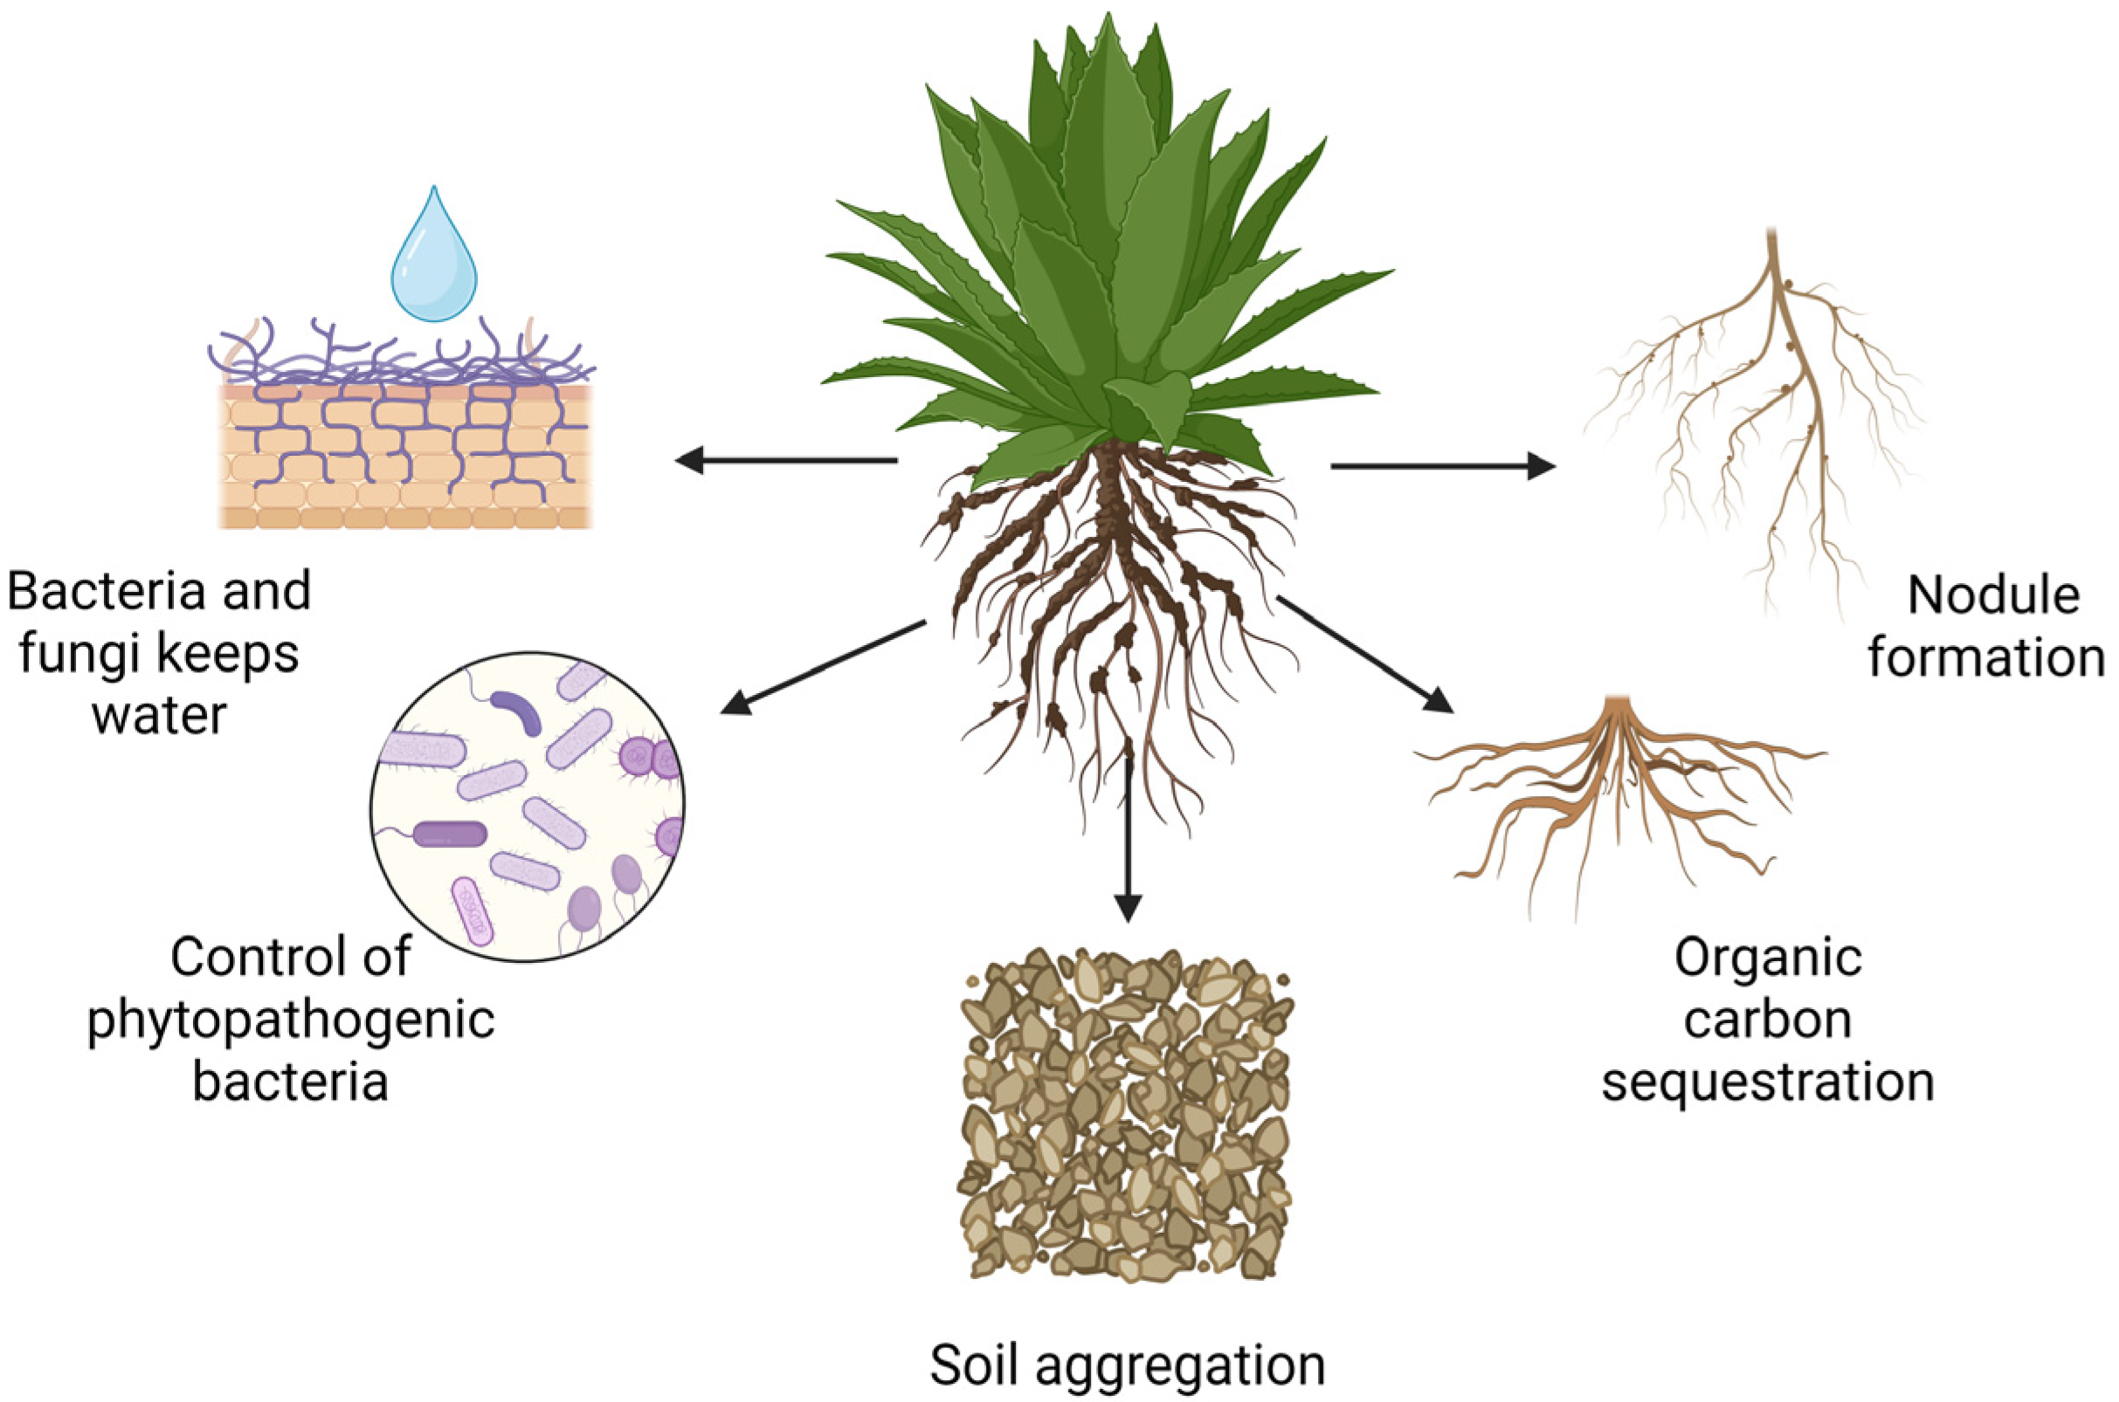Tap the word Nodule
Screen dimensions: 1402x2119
tap(1993, 596)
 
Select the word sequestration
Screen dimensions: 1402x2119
tap(1768, 1082)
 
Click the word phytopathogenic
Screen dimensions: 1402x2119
tap(291, 1020)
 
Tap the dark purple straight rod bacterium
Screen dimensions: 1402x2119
tap(450, 835)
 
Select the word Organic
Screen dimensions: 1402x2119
tap(1768, 959)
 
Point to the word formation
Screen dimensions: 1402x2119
tap(1984, 658)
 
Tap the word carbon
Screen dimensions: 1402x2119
tap(1768, 1021)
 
